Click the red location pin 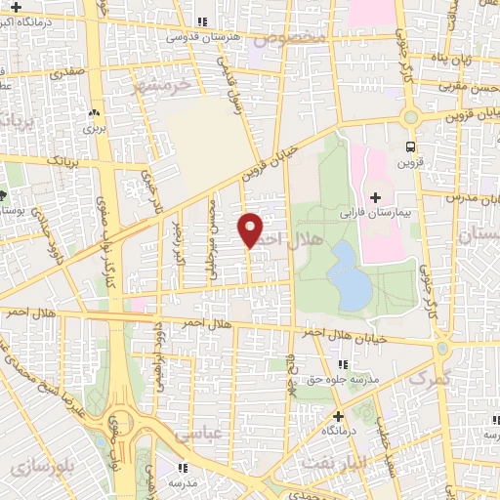252,229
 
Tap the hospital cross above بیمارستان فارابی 375,198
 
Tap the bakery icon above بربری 95,113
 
